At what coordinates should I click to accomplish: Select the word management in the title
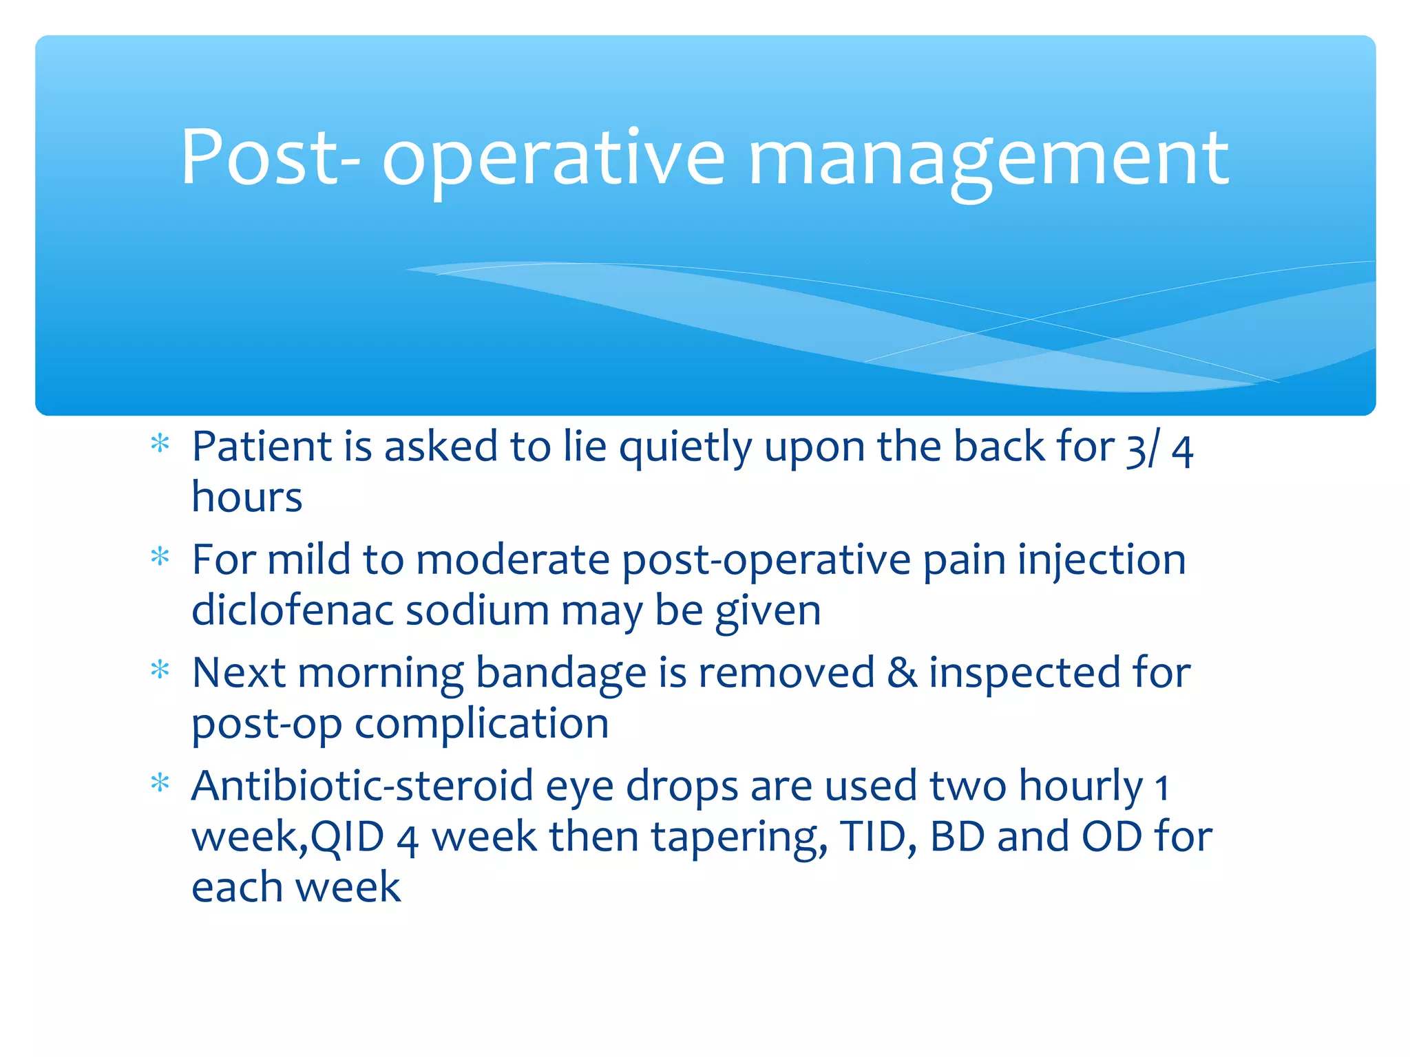tap(988, 161)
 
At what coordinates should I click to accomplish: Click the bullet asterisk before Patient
tap(160, 445)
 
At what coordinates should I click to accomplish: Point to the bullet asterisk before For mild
tap(160, 557)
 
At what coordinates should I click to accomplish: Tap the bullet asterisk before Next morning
tap(160, 670)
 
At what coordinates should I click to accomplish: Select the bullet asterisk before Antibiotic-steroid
tap(160, 784)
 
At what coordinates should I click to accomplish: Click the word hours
tap(246, 497)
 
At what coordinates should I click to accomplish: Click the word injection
tap(1102, 560)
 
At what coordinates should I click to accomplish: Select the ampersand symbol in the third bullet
tap(901, 672)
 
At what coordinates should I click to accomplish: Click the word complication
tap(481, 724)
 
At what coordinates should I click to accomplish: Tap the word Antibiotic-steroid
tap(362, 785)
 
